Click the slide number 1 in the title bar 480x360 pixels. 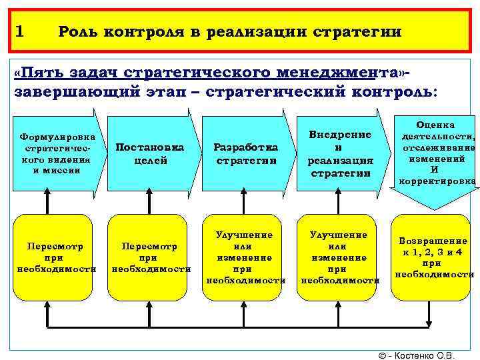pyautogui.click(x=19, y=31)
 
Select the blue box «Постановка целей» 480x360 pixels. pyautogui.click(x=150, y=153)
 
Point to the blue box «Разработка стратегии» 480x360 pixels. pyautogui.click(x=245, y=153)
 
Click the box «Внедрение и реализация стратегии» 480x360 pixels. pyautogui.click(x=340, y=153)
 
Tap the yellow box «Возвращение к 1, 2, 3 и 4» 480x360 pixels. pyautogui.click(x=434, y=257)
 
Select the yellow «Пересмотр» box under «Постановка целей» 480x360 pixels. pyautogui.click(x=150, y=257)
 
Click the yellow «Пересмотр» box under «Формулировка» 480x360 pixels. pyautogui.click(x=55, y=257)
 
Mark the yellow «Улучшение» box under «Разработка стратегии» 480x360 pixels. pyautogui.click(x=245, y=257)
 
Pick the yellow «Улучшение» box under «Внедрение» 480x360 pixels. pyautogui.click(x=339, y=257)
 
